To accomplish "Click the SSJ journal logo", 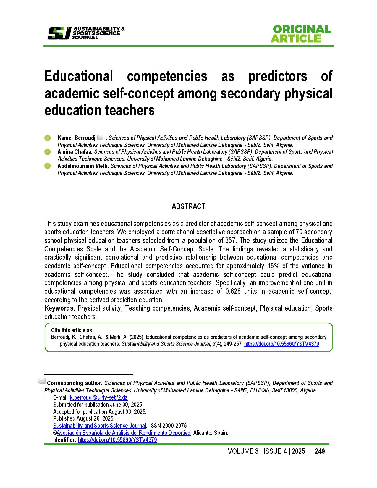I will click(x=86, y=33).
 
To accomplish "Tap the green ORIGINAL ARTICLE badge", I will click(x=300, y=34).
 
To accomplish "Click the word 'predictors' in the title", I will click(x=278, y=76).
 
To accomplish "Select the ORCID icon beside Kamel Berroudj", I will click(x=48, y=138).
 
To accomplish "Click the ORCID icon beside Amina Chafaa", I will click(x=48, y=152).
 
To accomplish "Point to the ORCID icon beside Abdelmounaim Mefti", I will click(x=48, y=166).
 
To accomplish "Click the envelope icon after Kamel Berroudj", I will click(x=100, y=138).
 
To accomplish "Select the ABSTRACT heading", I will click(x=188, y=206).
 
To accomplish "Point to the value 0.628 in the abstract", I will click(x=233, y=291).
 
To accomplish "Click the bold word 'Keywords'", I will click(x=59, y=308).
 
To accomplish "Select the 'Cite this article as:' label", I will click(x=72, y=330).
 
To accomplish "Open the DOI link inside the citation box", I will click(x=281, y=344).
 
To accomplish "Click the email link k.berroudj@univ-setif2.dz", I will click(x=99, y=397).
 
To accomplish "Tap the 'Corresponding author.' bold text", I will click(x=75, y=383).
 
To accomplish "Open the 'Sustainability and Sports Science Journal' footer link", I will click(x=100, y=426).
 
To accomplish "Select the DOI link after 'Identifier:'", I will click(x=117, y=440).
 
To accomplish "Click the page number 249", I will click(x=320, y=451).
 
